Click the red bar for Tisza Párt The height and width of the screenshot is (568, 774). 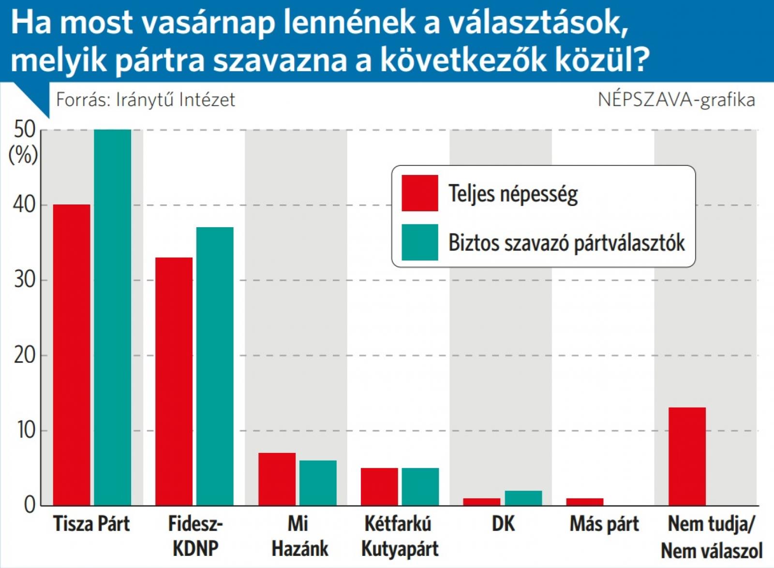[72, 355]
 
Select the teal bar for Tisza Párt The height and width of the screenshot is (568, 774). [112, 318]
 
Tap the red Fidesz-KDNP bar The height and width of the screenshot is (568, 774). [174, 382]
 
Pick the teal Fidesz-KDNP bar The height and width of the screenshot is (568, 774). [215, 366]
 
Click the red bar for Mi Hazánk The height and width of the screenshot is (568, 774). [277, 479]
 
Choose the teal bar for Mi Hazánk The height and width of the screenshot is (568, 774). [318, 483]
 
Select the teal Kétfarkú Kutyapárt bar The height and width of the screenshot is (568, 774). [420, 487]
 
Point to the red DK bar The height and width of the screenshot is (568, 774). [481, 502]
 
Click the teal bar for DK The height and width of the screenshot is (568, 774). [523, 498]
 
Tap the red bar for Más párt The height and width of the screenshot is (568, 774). [585, 502]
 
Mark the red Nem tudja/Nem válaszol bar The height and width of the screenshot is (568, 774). [687, 457]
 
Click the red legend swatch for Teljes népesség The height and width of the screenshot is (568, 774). [420, 193]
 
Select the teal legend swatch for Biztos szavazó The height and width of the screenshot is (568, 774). [420, 242]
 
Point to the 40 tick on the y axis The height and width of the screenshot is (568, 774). [24, 205]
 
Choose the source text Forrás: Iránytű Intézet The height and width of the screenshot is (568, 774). [146, 100]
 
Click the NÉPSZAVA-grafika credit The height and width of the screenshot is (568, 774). [676, 100]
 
